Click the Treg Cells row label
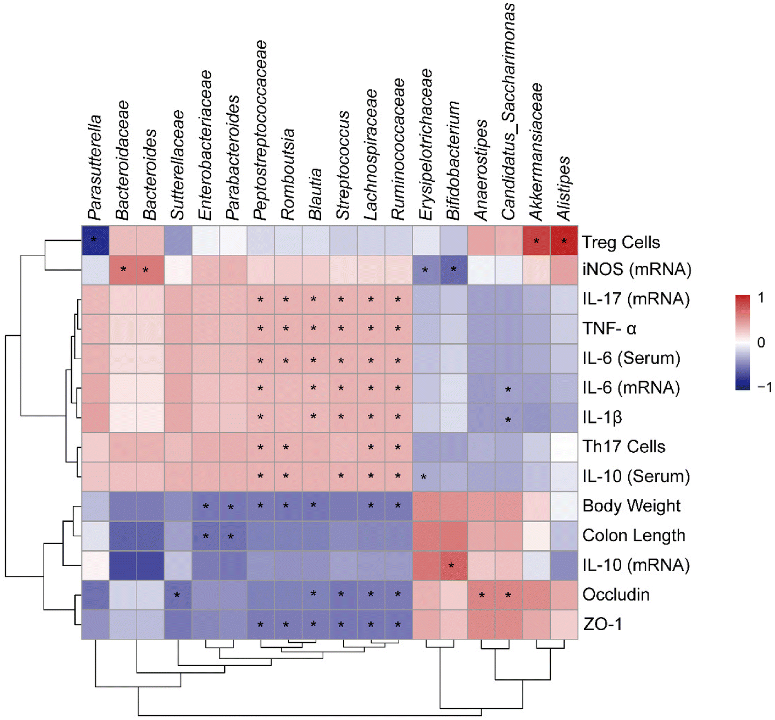(x=620, y=242)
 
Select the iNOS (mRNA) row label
(x=636, y=269)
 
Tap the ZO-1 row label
(x=602, y=624)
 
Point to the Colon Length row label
(x=634, y=535)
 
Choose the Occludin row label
(x=616, y=594)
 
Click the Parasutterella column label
(x=95, y=168)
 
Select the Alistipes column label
(x=564, y=188)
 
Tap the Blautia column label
(x=315, y=194)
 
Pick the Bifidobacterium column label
(x=453, y=160)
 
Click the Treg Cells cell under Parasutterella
(x=95, y=240)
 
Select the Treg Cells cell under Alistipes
(x=564, y=240)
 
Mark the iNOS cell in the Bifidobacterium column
(x=453, y=269)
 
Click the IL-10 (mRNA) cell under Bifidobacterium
(x=453, y=565)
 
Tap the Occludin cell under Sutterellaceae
(x=177, y=595)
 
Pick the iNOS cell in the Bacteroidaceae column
(x=123, y=269)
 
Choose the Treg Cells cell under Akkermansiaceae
(x=536, y=240)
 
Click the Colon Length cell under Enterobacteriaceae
(x=205, y=536)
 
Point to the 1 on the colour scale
(x=760, y=297)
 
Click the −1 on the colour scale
(x=764, y=387)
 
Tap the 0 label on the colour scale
(x=760, y=342)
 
